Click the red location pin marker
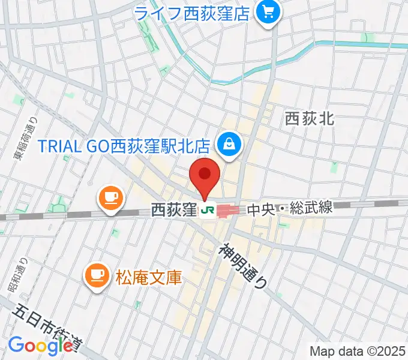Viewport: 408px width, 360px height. tap(205, 175)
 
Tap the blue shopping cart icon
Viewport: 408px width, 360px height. tap(267, 11)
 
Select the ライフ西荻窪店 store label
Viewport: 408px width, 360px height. tap(191, 13)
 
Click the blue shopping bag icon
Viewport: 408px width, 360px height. tap(230, 143)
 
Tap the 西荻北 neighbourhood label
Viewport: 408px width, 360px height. tap(309, 118)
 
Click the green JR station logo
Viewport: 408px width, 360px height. tap(208, 210)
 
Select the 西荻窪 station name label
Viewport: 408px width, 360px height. tap(174, 210)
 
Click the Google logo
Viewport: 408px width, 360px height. tap(40, 346)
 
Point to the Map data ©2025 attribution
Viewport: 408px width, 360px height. tap(358, 350)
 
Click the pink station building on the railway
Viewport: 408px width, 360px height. tap(228, 210)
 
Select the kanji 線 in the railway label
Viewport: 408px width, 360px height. tap(325, 209)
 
